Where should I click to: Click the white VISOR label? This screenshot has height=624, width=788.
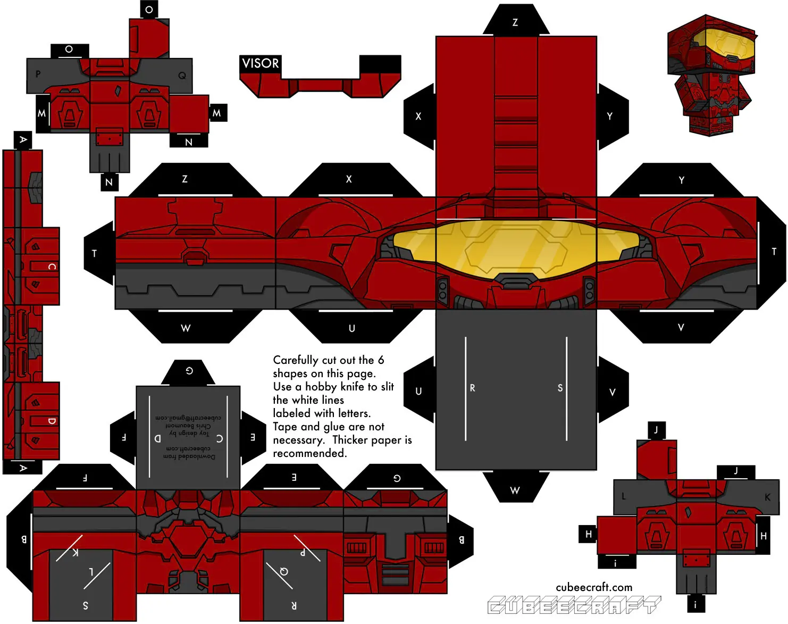tap(260, 63)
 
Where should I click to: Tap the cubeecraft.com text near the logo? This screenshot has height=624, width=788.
tap(594, 587)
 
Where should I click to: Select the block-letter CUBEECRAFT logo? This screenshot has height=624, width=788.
tap(574, 605)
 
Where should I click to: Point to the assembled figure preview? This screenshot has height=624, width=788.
tap(710, 74)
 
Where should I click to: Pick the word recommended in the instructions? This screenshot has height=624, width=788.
tap(309, 453)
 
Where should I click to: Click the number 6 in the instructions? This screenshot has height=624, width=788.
tap(381, 360)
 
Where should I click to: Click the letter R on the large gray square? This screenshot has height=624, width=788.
tap(472, 388)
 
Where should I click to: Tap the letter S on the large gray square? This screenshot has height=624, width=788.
tap(560, 388)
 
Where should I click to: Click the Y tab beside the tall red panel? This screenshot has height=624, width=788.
tap(610, 116)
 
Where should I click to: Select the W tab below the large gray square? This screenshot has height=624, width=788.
tap(515, 490)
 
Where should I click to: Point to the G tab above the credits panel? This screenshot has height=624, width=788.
tap(189, 371)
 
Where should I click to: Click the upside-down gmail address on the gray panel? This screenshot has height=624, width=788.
tap(188, 418)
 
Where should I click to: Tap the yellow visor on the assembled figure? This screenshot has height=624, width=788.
tap(725, 46)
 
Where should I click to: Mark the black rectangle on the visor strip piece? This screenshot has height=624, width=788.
tap(380, 64)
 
